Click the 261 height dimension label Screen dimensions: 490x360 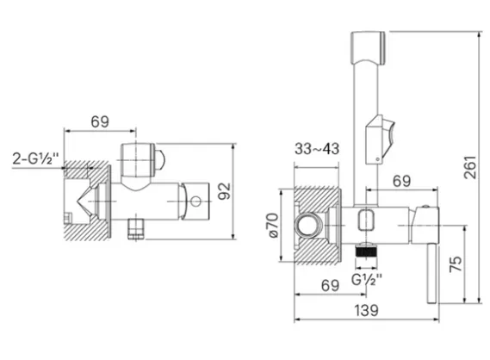pyautogui.click(x=469, y=167)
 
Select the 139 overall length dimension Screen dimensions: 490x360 pyautogui.click(x=366, y=310)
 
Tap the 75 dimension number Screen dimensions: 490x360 pyautogui.click(x=456, y=264)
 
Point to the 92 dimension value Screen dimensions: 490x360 pyautogui.click(x=224, y=191)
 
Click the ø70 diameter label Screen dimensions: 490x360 pyautogui.click(x=273, y=226)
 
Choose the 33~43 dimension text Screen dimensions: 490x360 pyautogui.click(x=317, y=149)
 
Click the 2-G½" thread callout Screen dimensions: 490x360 pyautogui.click(x=35, y=158)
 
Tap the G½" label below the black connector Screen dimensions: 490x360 pyautogui.click(x=367, y=279)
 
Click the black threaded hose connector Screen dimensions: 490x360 pyautogui.click(x=366, y=252)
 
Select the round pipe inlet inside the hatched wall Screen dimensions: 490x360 pyautogui.click(x=309, y=225)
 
